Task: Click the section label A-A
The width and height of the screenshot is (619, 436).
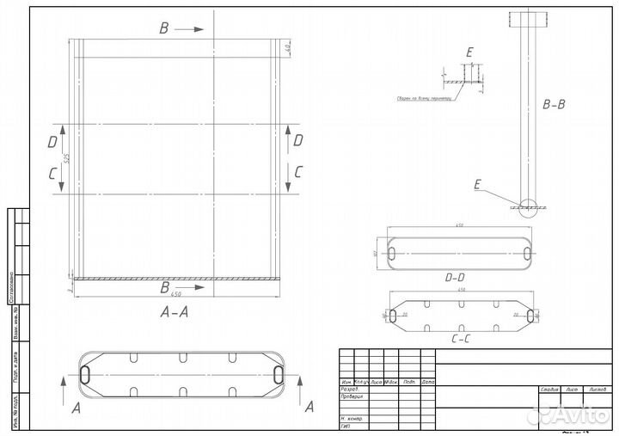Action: coord(175,313)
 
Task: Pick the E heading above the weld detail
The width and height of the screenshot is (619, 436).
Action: coord(469,53)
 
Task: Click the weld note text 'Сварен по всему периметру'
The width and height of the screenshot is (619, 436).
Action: coord(424,98)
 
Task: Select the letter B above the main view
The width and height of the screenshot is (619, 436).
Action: coord(164,28)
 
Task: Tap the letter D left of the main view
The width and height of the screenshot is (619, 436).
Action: coord(53,139)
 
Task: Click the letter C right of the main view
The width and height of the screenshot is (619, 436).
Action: coord(298,171)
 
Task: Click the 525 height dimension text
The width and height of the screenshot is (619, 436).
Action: coord(66,160)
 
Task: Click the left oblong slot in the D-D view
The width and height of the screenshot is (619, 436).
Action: coord(392,252)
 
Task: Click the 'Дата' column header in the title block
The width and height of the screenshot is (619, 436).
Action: coord(427,381)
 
